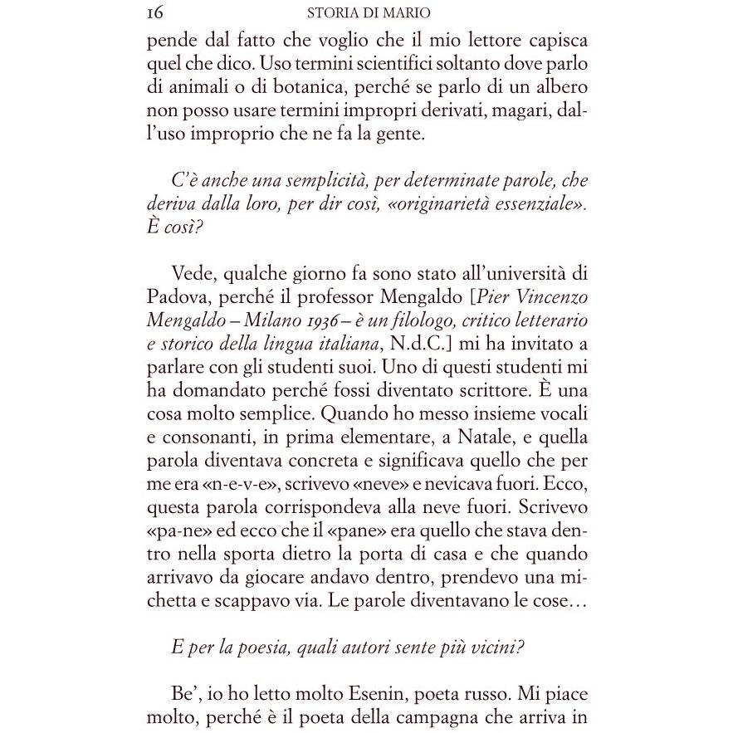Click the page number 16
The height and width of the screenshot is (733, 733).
(x=154, y=12)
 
